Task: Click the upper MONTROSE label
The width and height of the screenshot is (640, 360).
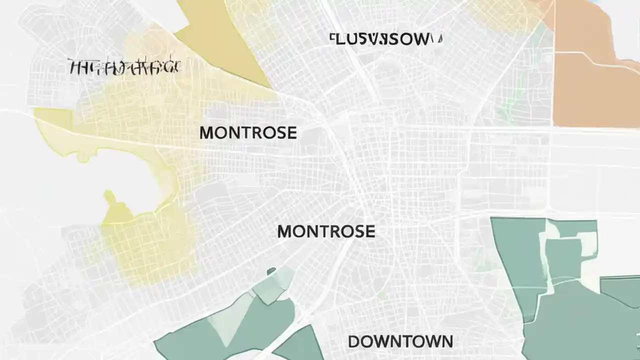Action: click(248, 133)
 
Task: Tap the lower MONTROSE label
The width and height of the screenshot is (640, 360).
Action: click(325, 231)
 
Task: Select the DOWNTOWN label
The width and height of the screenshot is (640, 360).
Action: click(400, 342)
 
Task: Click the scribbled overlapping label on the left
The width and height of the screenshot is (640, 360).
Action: click(124, 66)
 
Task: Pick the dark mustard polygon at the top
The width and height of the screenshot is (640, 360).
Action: click(225, 45)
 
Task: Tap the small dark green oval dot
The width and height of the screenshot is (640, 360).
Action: click(271, 271)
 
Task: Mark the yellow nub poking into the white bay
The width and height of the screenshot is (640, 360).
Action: click(110, 200)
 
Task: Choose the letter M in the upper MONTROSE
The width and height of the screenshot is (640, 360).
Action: click(206, 133)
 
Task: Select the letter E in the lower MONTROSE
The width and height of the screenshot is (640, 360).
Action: click(369, 231)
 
